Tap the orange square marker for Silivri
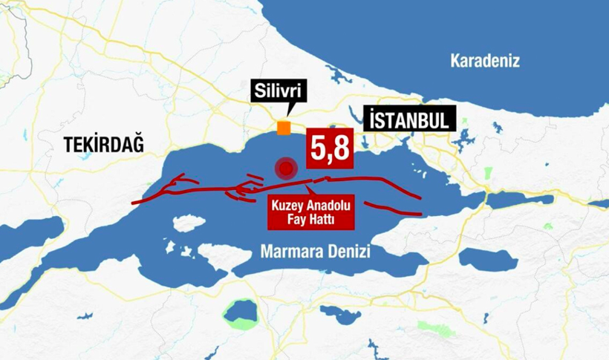[x=284, y=128]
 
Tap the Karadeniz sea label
[x=485, y=61]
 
